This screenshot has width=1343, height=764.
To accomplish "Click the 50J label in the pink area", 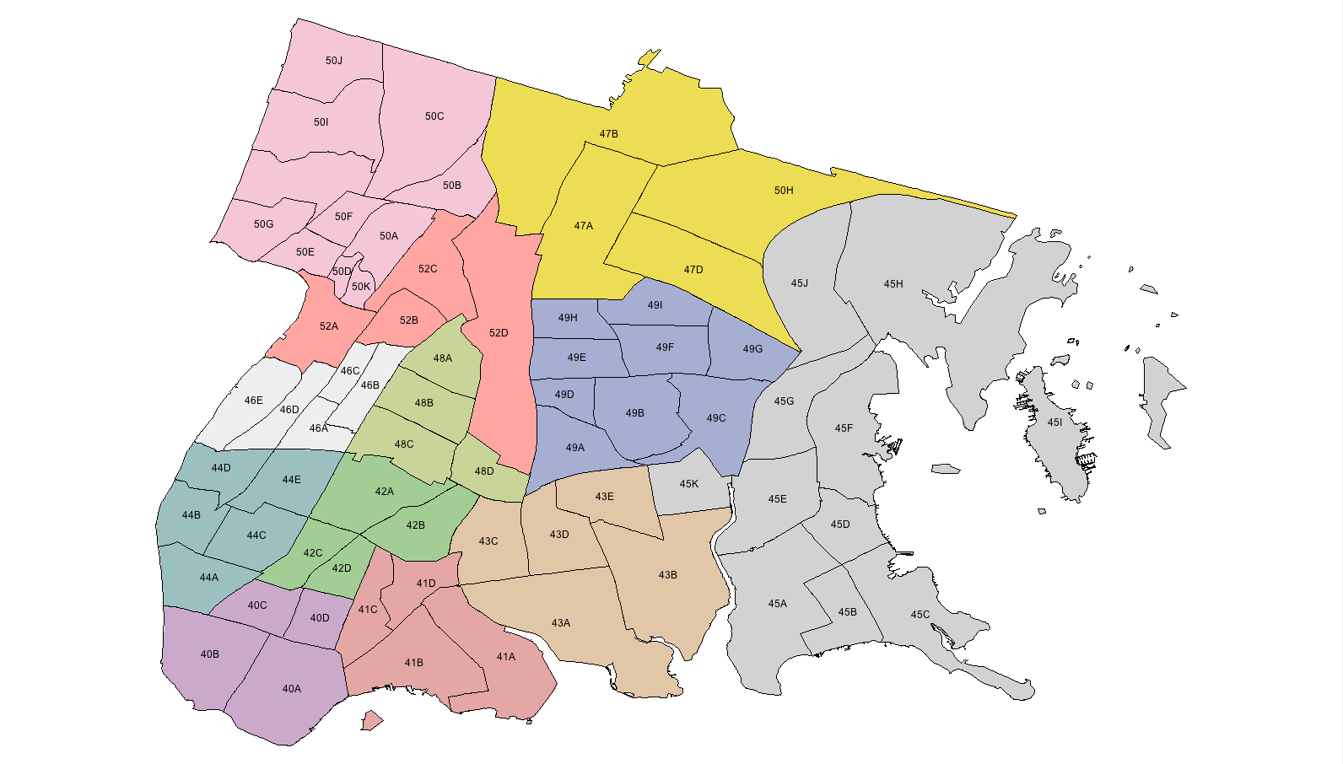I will tap(334, 61).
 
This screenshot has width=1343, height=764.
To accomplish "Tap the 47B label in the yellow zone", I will tap(609, 134).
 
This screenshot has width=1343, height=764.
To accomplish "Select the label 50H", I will tap(784, 191).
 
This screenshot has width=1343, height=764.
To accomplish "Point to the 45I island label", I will tap(1054, 422).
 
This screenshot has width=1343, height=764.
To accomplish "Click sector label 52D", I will tap(499, 333).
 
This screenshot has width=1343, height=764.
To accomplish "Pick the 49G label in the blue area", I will tap(752, 349).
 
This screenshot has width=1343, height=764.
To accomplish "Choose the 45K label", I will tap(689, 484).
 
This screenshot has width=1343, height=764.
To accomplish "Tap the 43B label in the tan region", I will tap(667, 575).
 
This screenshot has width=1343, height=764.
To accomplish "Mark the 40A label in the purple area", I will tap(292, 689).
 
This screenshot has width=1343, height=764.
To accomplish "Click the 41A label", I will tap(505, 657).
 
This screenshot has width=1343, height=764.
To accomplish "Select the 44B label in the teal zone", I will tap(191, 515).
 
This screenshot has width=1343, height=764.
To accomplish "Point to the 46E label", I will tap(254, 401).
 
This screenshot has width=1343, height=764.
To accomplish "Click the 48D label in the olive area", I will tap(484, 471).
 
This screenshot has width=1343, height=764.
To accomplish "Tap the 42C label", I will tap(313, 553).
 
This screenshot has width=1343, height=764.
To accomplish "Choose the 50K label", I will tap(361, 287).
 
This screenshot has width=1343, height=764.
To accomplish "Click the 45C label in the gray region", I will tap(920, 615).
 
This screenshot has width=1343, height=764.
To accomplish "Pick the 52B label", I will tap(409, 320).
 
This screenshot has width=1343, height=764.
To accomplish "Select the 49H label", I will tap(568, 318).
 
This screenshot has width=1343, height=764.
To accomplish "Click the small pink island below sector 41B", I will tap(371, 721).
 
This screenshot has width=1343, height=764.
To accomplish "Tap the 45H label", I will tap(893, 284).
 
